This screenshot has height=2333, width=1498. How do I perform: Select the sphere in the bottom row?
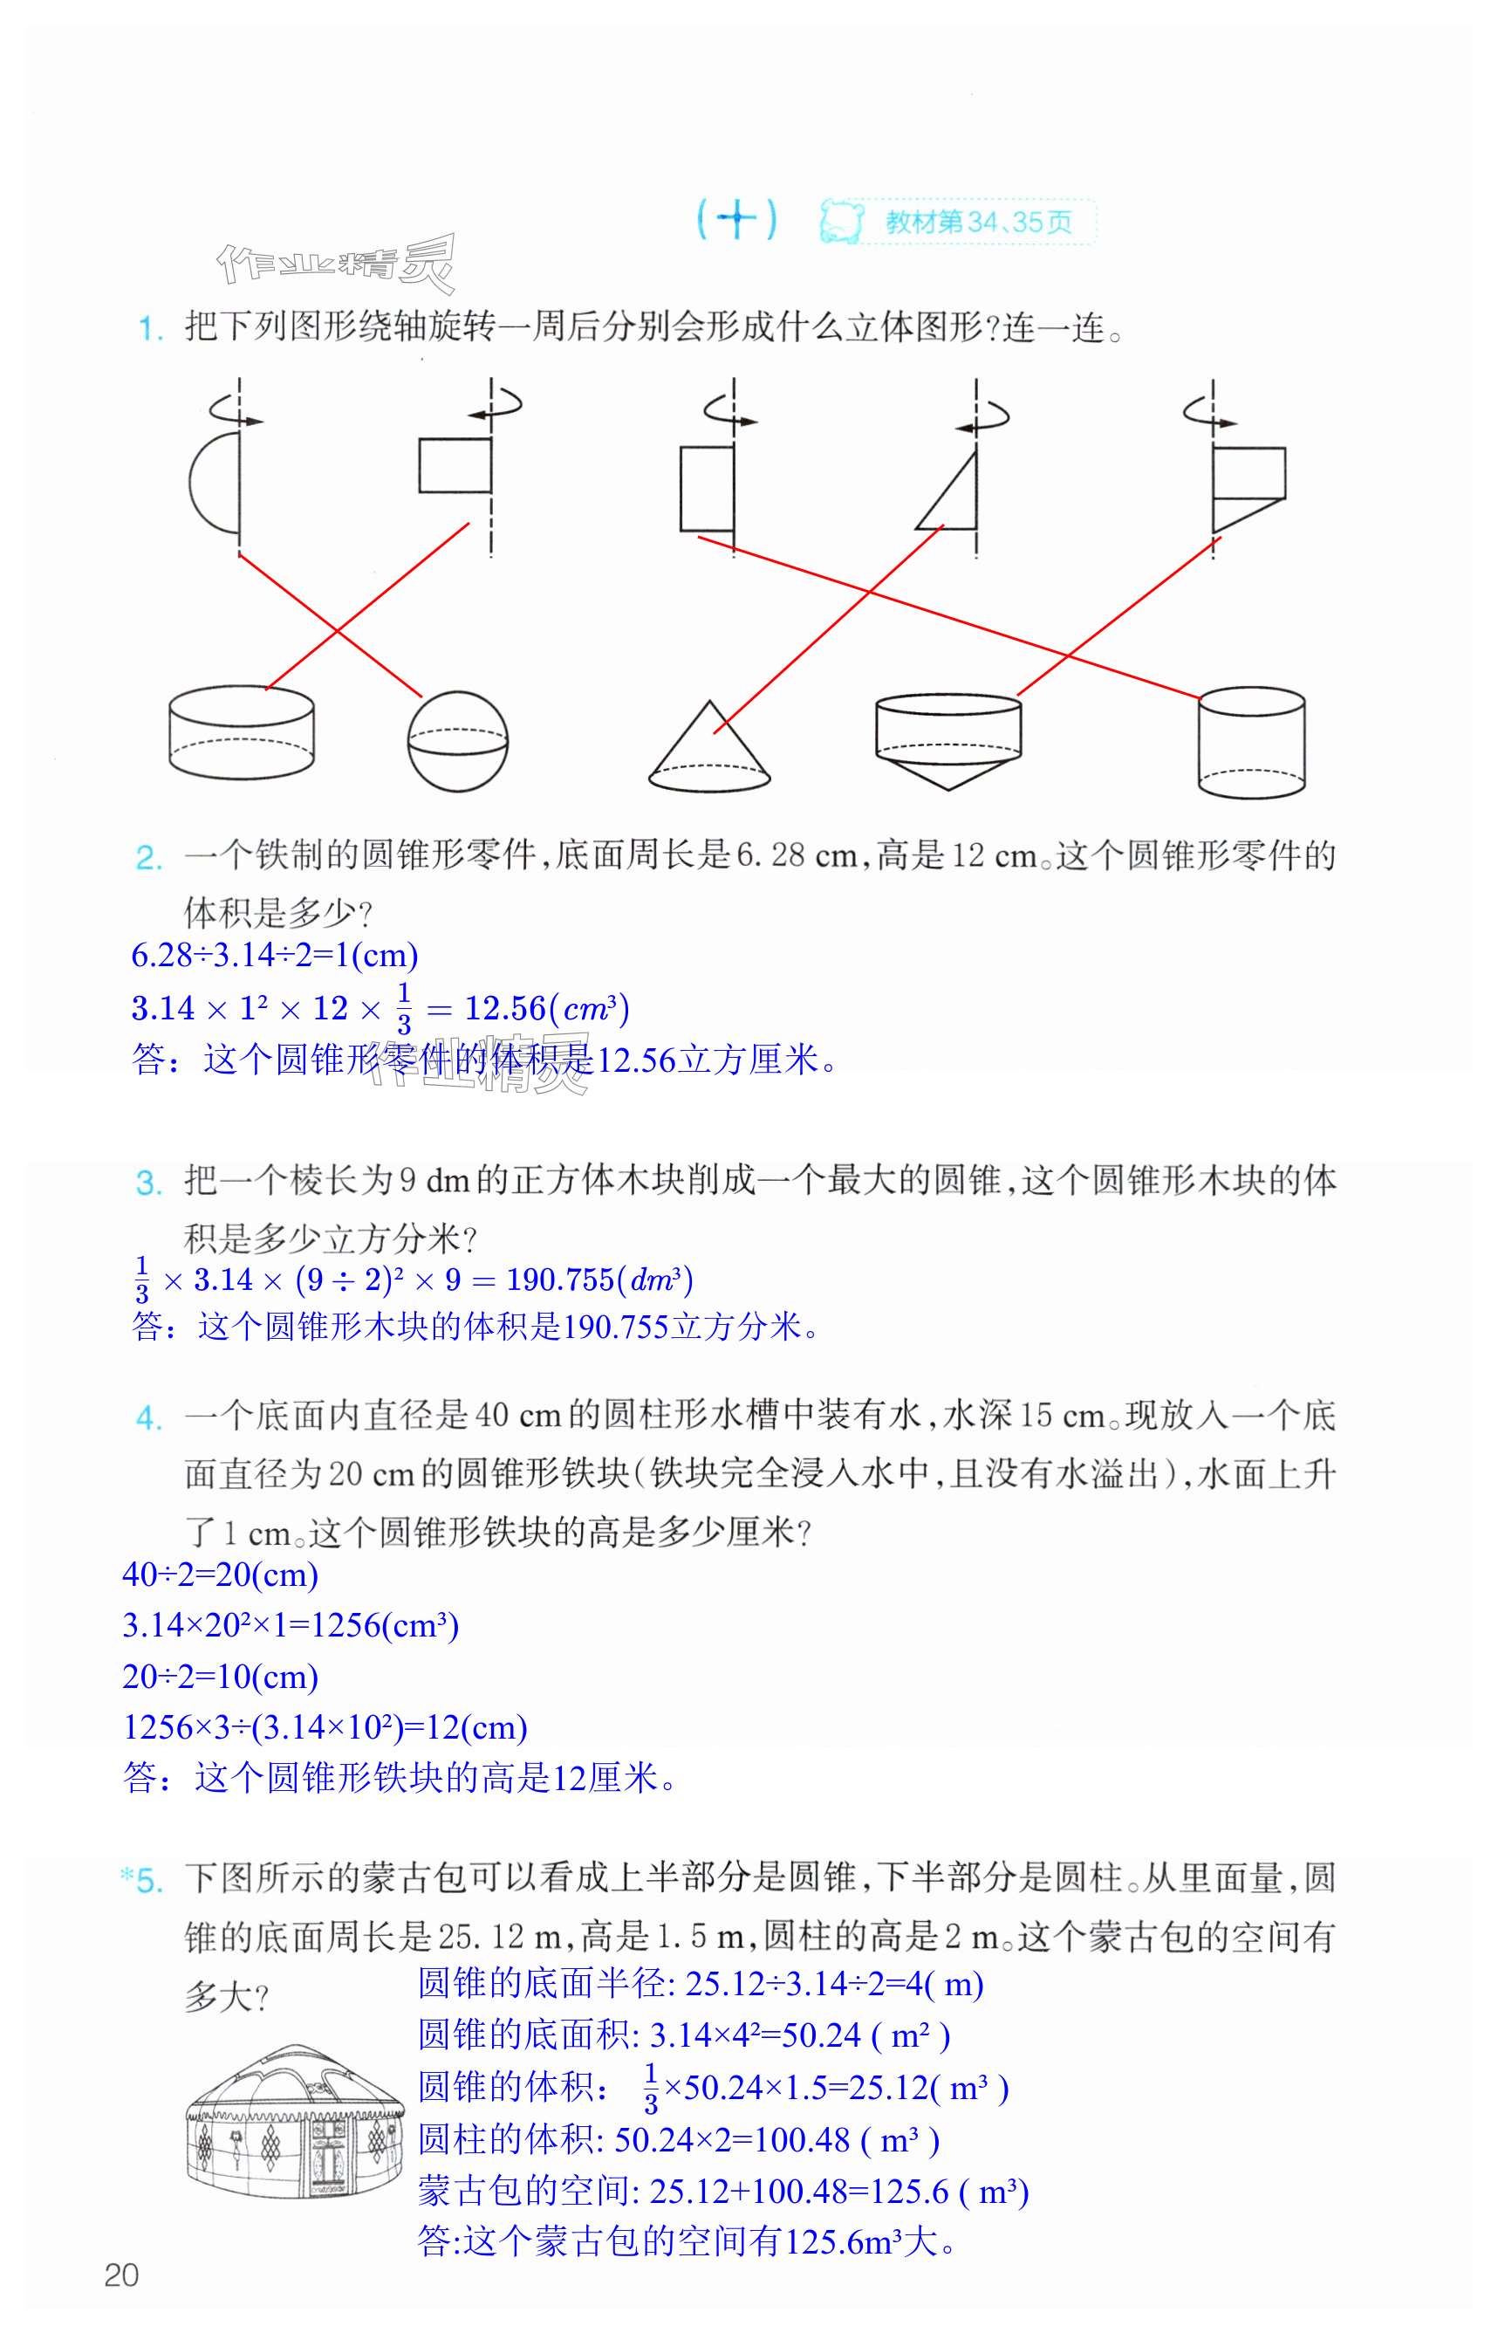[x=457, y=740]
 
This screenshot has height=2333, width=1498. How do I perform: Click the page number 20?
[x=121, y=2275]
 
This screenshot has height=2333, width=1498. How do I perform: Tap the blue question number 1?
[x=149, y=329]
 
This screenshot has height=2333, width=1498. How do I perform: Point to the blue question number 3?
[x=149, y=1183]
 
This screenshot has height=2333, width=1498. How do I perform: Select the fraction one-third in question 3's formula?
[x=142, y=1280]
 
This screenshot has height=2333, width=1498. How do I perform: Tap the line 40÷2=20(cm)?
[x=221, y=1575]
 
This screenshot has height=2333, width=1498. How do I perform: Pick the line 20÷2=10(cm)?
[x=221, y=1677]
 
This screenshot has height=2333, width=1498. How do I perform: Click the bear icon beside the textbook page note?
[x=840, y=222]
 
